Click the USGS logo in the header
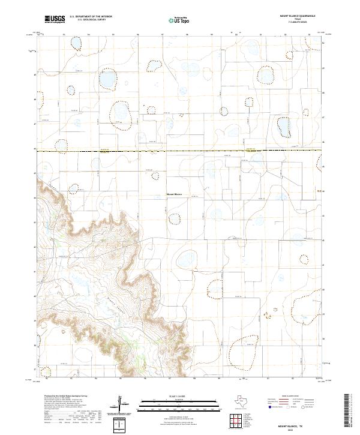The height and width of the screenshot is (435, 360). tap(55, 20)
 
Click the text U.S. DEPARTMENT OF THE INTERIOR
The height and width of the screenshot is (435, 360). tap(91, 17)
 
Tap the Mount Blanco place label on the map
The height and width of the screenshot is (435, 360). tap(174, 194)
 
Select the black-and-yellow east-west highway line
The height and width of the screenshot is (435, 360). tap(180, 151)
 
